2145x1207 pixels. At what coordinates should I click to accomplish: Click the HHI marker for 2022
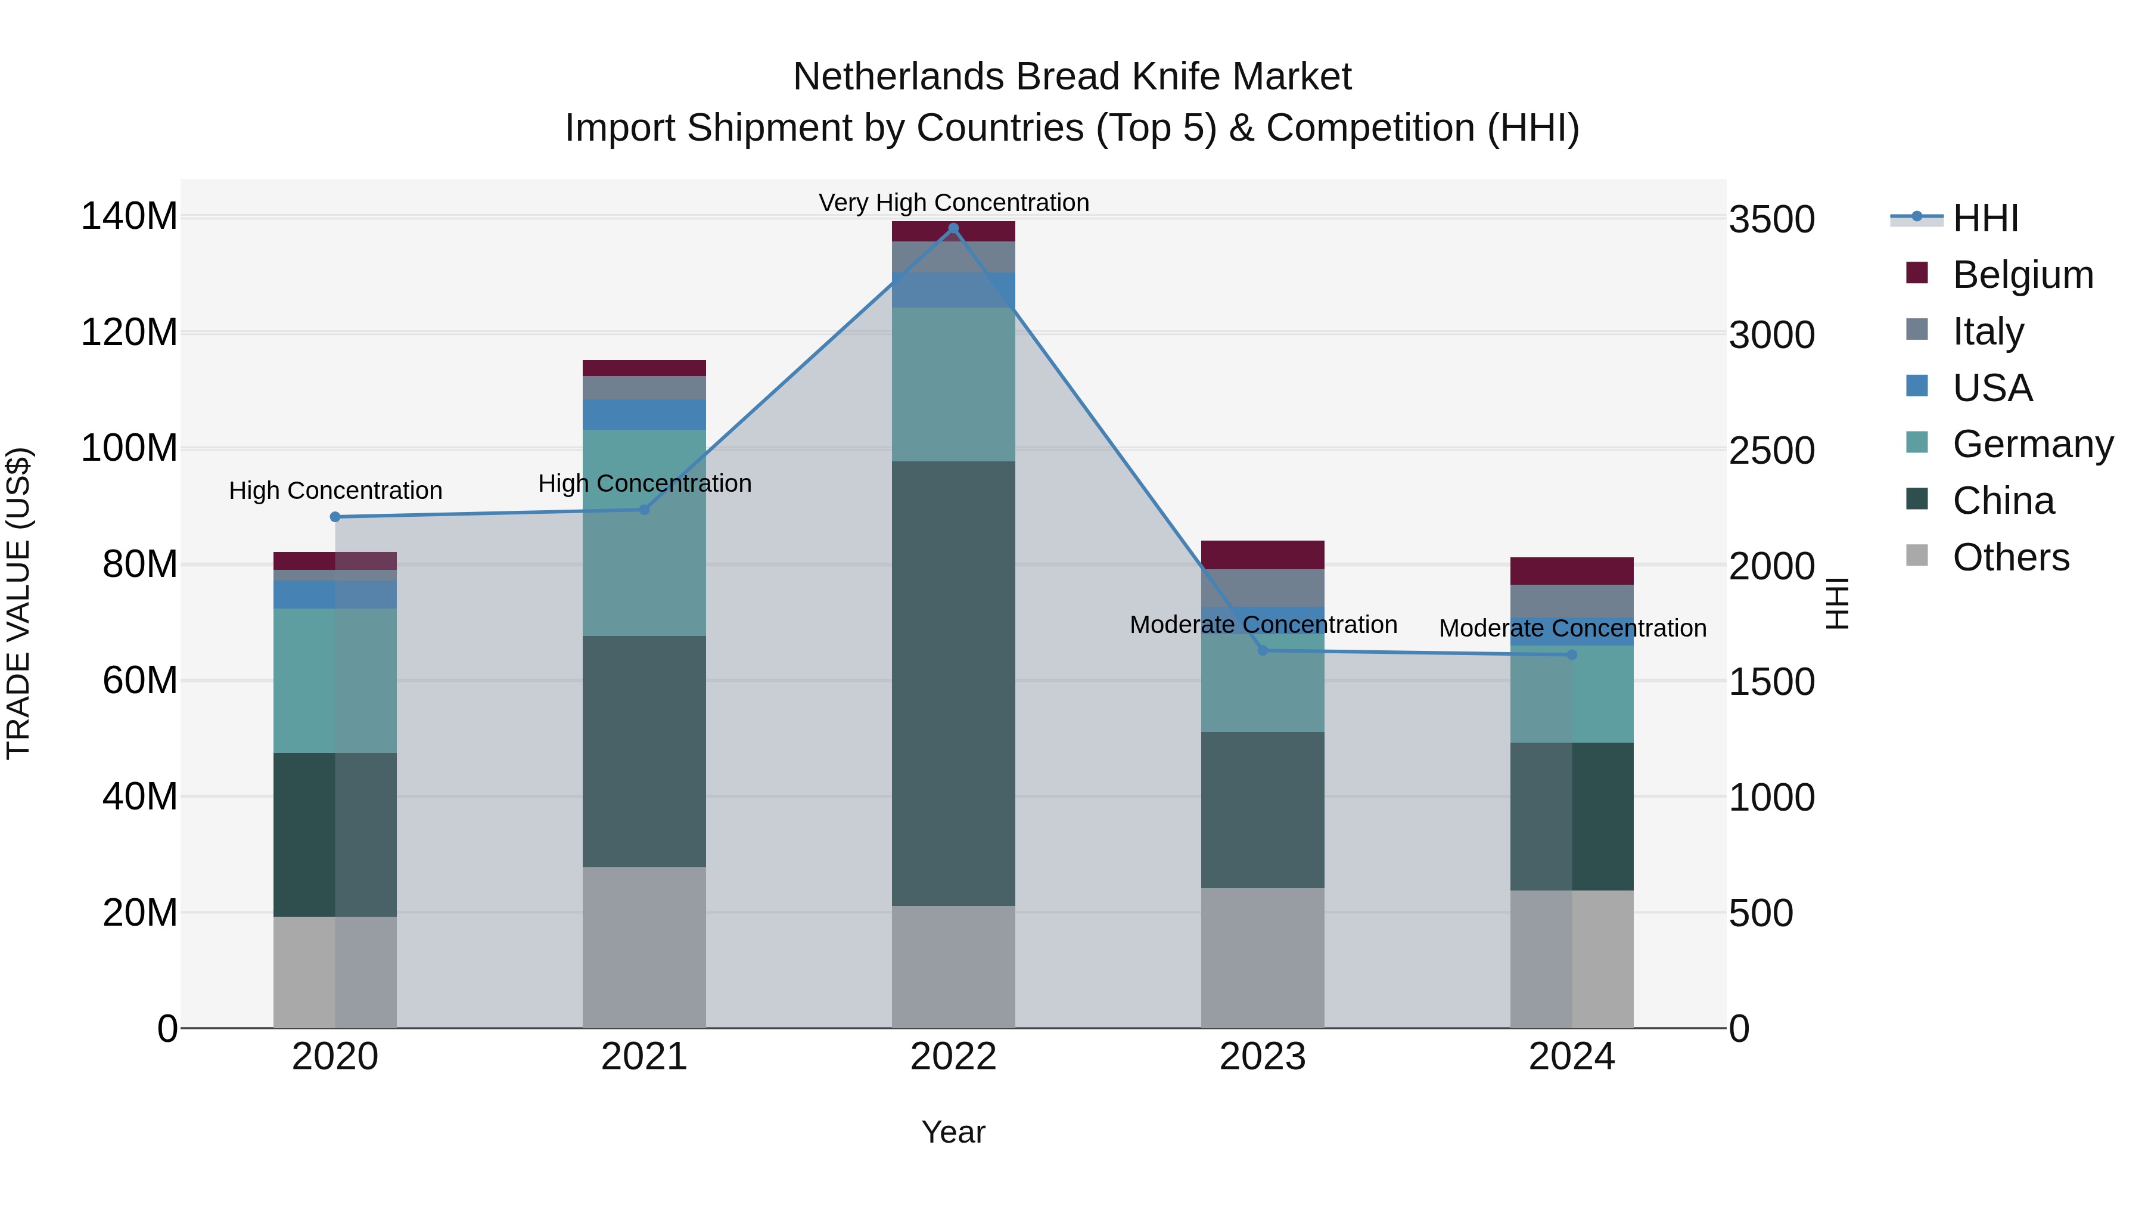pos(953,228)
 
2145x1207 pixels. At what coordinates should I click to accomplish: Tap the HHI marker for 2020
pos(335,516)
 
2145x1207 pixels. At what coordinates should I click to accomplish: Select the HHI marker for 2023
pos(1263,650)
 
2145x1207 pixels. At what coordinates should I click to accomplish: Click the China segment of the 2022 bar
pos(953,683)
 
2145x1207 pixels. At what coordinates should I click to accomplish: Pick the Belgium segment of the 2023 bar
pos(1263,555)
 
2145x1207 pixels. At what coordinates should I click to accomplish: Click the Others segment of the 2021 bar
pos(643,947)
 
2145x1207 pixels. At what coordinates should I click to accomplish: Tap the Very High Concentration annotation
pos(953,203)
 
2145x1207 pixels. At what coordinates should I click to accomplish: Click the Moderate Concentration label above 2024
pos(1572,628)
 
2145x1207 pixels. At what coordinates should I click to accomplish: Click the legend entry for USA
pos(1992,388)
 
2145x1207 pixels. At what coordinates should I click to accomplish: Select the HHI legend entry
pos(1985,218)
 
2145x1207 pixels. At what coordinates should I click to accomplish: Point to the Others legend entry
pos(2010,557)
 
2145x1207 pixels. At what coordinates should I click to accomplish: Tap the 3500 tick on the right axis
pos(1772,220)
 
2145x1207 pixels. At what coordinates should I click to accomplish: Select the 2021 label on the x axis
pos(643,1057)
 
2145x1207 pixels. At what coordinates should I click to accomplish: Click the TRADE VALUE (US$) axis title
pos(18,603)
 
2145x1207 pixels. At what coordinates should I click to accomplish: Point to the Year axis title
pos(953,1132)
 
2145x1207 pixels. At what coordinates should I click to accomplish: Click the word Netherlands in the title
pos(898,77)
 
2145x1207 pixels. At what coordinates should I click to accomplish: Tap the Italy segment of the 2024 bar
pos(1572,601)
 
